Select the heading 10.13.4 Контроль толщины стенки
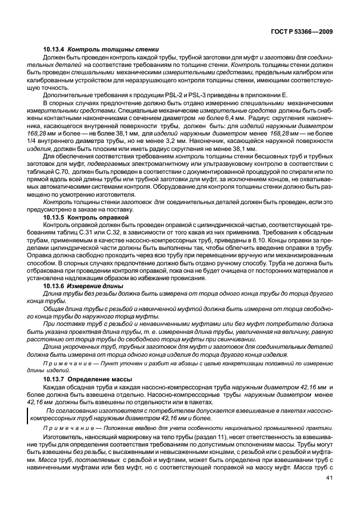click(x=98, y=50)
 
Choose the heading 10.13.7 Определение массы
click(x=88, y=379)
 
